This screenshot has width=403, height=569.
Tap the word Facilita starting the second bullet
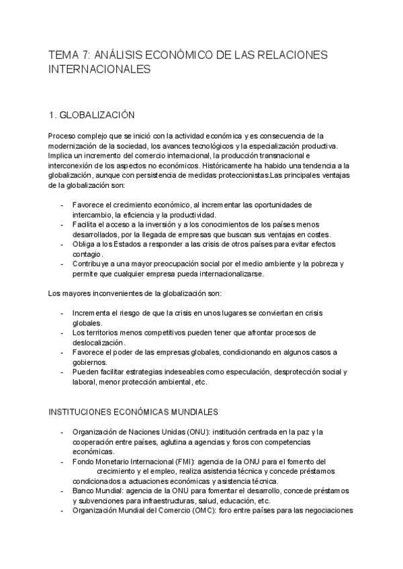pos(87,224)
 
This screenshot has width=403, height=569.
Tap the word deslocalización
pos(100,342)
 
